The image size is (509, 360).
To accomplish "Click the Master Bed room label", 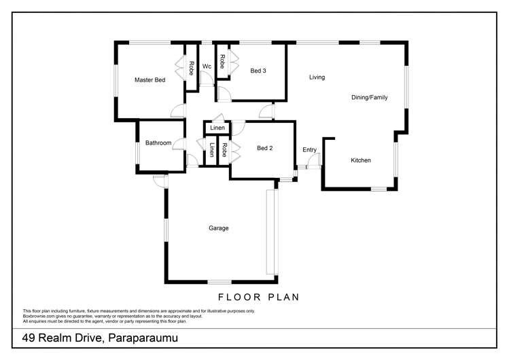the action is pos(150,79).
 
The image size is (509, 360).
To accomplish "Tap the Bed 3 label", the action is pos(258,71).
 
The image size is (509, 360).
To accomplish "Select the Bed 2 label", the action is pos(264,148).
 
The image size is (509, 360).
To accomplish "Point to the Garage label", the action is pos(218,228).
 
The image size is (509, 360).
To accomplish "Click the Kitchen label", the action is pos(361,160).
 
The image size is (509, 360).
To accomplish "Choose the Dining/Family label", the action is pos(370,97).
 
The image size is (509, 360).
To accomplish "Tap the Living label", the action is pos(317,77).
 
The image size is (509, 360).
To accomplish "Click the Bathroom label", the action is pos(158,143).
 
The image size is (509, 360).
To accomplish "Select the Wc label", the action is pos(207,66).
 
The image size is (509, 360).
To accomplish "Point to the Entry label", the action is pos(309,149).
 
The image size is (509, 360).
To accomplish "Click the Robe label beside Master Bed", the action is pos(192,68).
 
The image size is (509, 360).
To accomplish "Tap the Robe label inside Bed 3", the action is pos(222,62).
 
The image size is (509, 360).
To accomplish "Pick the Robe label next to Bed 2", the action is pos(224,150).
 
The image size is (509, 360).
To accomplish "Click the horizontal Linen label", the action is pos(217,128).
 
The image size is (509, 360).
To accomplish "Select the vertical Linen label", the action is pos(211,150).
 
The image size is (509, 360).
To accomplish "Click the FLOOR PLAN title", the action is pos(258,297).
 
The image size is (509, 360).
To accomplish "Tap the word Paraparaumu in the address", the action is pos(143,338).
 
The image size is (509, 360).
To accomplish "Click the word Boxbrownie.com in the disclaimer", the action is pos(37,317).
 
